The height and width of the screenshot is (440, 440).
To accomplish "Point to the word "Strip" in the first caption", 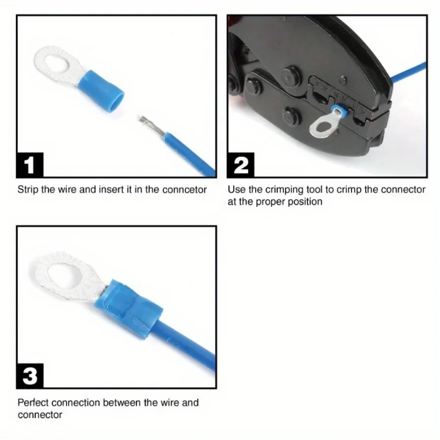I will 28,189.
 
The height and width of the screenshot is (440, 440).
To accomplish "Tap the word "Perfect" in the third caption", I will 33,403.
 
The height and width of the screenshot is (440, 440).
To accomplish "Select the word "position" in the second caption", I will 305,201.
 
